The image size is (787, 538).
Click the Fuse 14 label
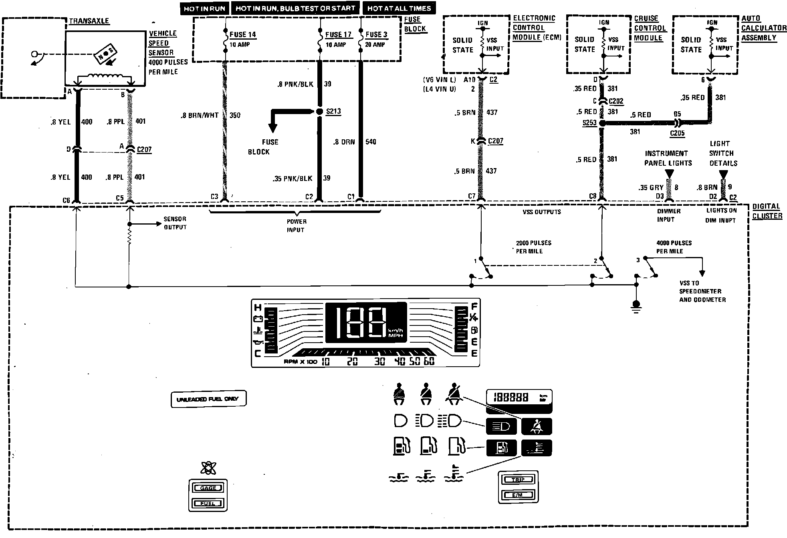tap(242, 34)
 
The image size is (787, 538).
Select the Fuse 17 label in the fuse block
tap(338, 34)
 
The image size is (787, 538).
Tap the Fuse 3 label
tap(376, 34)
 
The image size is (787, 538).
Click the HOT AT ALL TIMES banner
tap(399, 8)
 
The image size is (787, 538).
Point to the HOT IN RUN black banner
tap(204, 8)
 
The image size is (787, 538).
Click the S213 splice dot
tap(319, 112)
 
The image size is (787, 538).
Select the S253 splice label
tap(589, 123)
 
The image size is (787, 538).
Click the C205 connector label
tap(677, 133)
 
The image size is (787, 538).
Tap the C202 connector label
tap(616, 101)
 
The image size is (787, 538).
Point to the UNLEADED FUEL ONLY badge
tap(208, 399)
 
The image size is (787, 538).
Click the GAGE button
tap(208, 488)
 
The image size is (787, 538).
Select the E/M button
tap(518, 495)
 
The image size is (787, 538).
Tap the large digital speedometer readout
tap(365, 323)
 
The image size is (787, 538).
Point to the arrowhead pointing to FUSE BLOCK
tap(272, 128)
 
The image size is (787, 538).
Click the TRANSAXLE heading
tap(89, 21)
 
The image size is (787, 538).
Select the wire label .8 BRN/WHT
tap(200, 115)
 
